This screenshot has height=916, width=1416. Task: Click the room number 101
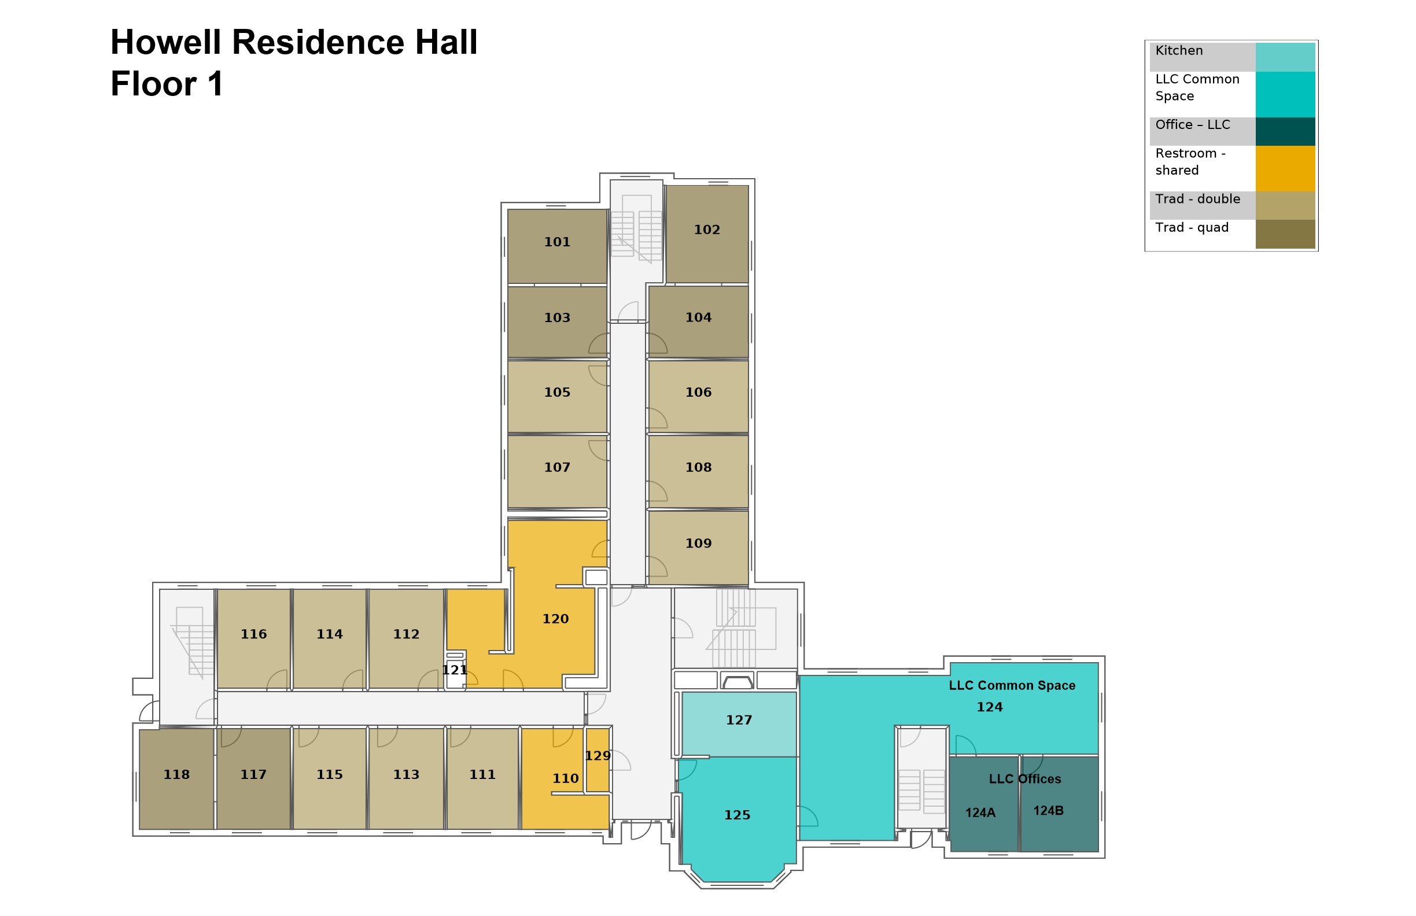point(557,242)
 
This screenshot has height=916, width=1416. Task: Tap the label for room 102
point(707,230)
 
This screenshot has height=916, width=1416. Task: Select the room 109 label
point(699,543)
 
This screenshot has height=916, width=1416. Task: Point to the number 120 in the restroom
point(555,619)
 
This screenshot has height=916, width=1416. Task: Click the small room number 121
point(455,670)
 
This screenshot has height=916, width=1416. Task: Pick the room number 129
point(598,755)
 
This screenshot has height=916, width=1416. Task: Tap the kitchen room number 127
point(739,720)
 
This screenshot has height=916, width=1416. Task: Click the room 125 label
point(737,815)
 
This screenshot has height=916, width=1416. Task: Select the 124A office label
point(980,812)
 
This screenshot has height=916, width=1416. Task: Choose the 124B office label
point(1048,810)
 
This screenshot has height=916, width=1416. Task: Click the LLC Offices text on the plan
point(1024,778)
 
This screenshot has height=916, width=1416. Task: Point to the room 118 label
point(176,774)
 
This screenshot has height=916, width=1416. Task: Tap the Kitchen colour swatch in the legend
point(1285,57)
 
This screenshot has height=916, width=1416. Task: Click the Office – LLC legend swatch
point(1285,131)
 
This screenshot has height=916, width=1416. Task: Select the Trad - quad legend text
point(1192,228)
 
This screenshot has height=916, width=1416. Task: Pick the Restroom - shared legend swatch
point(1285,168)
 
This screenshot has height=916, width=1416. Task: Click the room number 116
point(253,634)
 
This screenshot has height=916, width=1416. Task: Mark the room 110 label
point(565,778)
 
